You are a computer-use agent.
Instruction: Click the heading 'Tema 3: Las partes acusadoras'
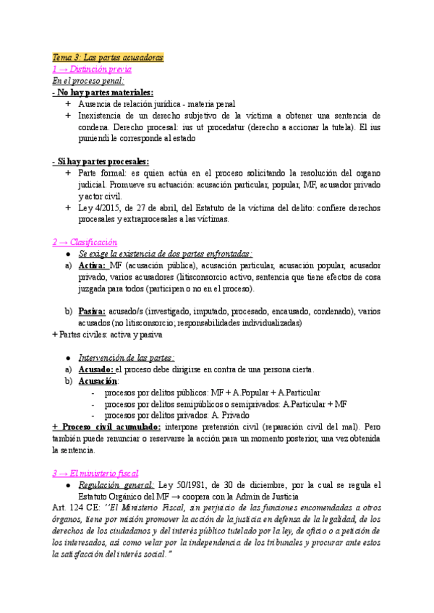[x=109, y=57]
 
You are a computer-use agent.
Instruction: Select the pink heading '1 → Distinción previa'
[x=92, y=69]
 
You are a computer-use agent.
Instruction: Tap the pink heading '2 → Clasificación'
[x=85, y=242]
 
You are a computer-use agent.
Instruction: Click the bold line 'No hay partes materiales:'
[x=103, y=93]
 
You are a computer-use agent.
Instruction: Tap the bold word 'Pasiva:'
[x=93, y=312]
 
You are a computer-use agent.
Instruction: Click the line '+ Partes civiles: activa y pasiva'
[x=108, y=335]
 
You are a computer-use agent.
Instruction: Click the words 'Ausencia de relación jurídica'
[x=124, y=104]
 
